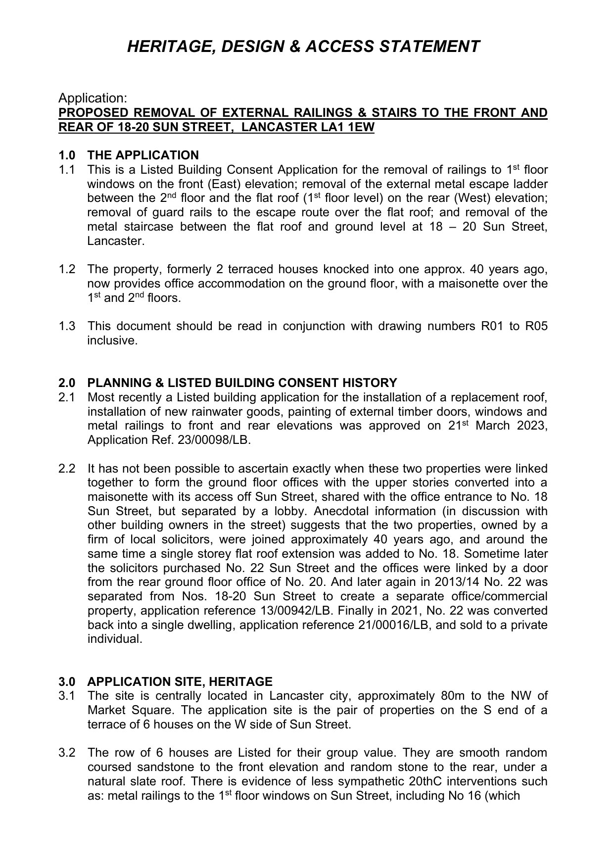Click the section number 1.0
pos(67,155)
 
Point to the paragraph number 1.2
pos(67,270)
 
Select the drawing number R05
pos(536,327)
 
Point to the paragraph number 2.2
pos(67,469)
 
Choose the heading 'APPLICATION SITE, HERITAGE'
pos(180,682)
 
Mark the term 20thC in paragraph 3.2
pos(425,782)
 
